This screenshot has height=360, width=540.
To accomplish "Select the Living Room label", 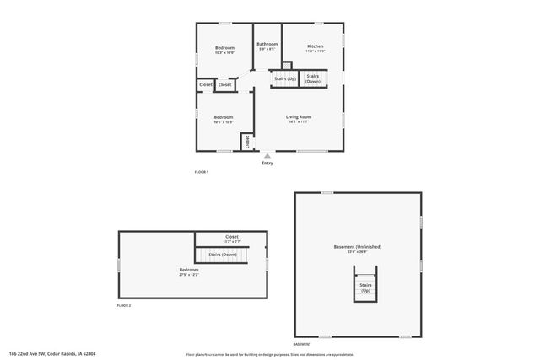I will (299, 116).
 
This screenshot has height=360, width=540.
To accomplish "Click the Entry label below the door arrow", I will (267, 163).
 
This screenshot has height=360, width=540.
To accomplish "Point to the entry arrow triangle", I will (267, 155).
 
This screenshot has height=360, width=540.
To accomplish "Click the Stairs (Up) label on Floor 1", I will (285, 78).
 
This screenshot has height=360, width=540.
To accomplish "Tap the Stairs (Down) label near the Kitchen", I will (313, 78).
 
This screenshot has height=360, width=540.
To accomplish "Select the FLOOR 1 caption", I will (201, 172).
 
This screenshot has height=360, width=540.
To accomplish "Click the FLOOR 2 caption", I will (124, 304).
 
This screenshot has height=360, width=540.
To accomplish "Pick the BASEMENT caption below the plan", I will (302, 345).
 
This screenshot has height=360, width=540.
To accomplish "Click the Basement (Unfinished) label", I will (358, 247).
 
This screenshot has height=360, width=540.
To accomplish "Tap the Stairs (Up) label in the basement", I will (366, 287).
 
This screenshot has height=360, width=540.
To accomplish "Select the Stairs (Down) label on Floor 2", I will (223, 254).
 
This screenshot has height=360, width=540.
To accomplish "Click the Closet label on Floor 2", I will (231, 237).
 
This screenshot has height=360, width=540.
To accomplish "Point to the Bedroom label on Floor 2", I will (189, 270).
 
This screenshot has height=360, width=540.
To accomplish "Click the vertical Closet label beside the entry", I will (247, 142).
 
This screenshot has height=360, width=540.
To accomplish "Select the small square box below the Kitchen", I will (287, 65).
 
